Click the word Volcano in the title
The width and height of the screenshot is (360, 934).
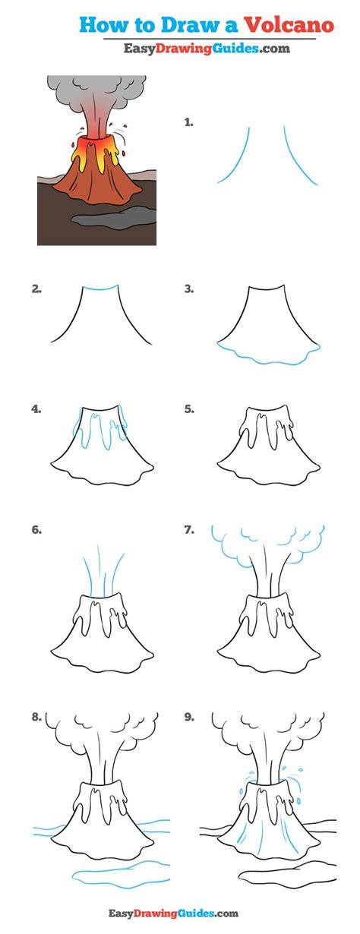(289, 25)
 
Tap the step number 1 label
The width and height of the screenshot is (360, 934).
(189, 122)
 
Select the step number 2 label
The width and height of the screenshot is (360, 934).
(36, 289)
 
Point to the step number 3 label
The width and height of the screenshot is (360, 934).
(189, 289)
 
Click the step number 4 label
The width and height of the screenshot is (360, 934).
(36, 409)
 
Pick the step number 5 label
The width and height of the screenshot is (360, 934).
(189, 409)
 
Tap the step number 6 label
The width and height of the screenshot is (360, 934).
(36, 530)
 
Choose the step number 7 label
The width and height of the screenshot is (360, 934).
(189, 530)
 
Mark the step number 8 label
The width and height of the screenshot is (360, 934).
(36, 717)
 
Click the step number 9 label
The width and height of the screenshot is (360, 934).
(189, 717)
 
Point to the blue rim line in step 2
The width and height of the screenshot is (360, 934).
(100, 288)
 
